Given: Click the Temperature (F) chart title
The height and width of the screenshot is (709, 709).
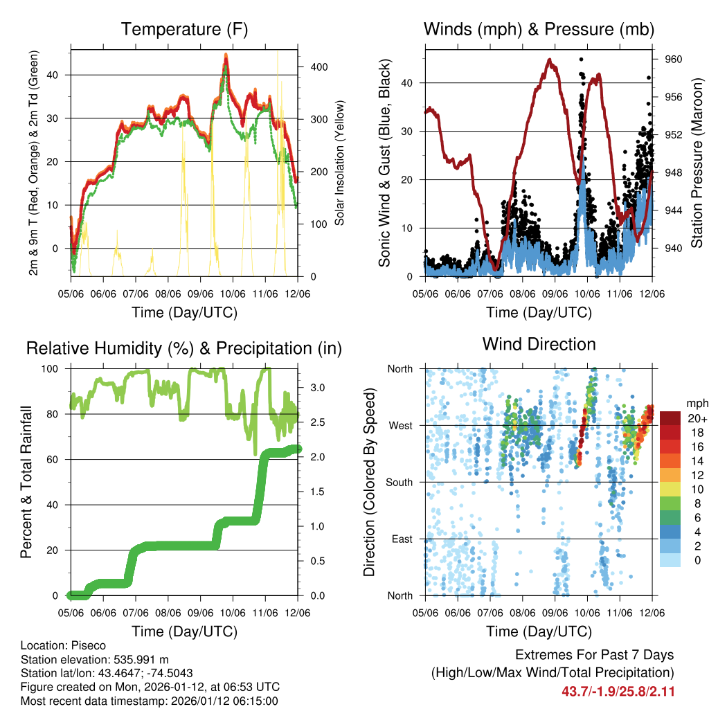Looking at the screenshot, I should coord(184,29).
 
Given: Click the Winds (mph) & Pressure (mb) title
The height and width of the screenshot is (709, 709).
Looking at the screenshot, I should coord(539,29).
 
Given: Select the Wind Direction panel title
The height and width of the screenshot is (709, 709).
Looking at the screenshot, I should coord(539,344).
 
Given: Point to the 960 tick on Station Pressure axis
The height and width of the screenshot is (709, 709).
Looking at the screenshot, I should coord(674,60).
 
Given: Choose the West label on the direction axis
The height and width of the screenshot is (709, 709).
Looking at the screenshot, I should coord(400,425).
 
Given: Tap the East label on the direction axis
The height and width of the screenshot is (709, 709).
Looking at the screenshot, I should coord(401,539).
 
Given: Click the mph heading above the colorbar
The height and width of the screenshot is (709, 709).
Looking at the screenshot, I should coord(695,403).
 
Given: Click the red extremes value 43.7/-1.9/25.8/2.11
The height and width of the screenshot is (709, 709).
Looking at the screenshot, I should coord(618,691).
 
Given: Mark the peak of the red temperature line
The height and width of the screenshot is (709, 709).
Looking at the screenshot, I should coord(226,55).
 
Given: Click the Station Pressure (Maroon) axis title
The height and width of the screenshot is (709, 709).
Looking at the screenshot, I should coord(697,163).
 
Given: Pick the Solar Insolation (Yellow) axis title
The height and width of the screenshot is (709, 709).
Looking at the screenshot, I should coord(339,163).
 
